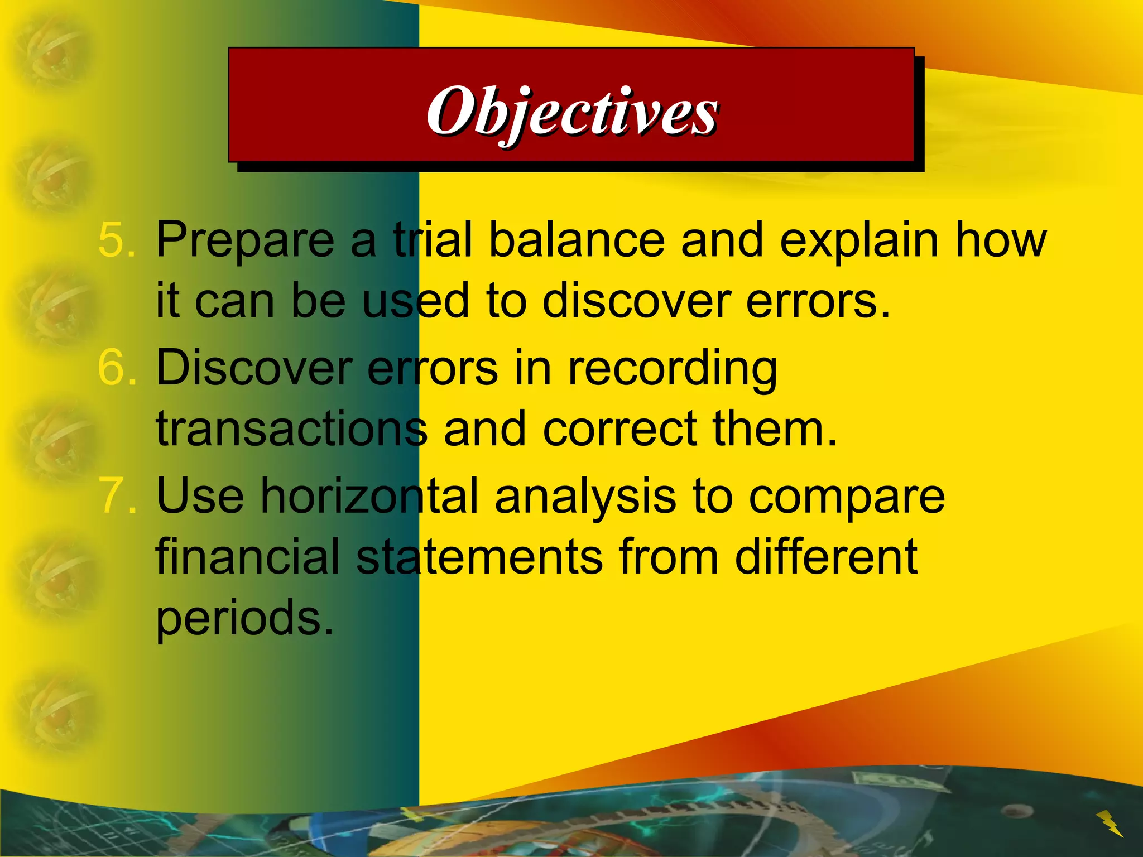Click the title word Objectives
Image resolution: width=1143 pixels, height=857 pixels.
571,112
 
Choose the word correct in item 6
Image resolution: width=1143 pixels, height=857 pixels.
619,430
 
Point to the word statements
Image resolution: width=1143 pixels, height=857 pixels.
479,557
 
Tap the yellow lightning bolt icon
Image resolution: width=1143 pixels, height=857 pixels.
1110,823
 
